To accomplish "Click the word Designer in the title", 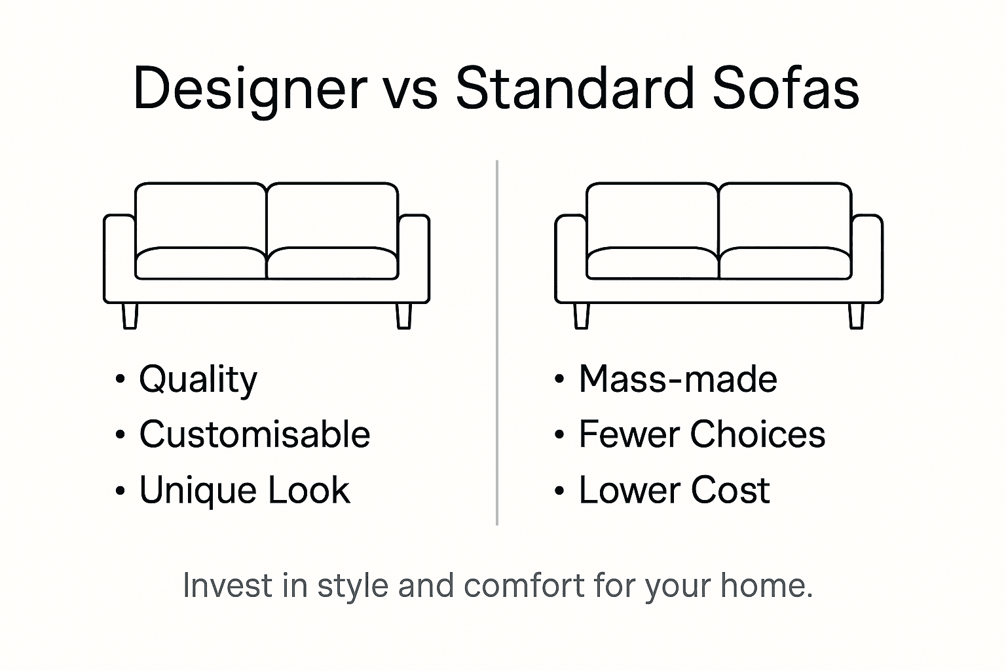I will pos(250,88).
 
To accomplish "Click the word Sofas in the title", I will pos(785,88).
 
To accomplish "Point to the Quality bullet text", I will pos(198,379).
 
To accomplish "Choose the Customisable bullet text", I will pos(254,434).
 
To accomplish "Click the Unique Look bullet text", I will pos(244,490).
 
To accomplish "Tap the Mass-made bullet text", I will pos(678,379).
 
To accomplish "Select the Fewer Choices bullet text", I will pos(702,434).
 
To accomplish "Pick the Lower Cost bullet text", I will pos(674,490).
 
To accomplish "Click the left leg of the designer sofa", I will pos(130,315).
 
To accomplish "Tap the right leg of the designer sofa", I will pos(404,315).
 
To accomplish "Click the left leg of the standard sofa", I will pos(581,315).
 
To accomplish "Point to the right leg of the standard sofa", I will pos(856,315).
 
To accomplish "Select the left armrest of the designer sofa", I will pos(119,258).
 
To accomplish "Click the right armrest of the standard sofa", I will pos(867,258).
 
